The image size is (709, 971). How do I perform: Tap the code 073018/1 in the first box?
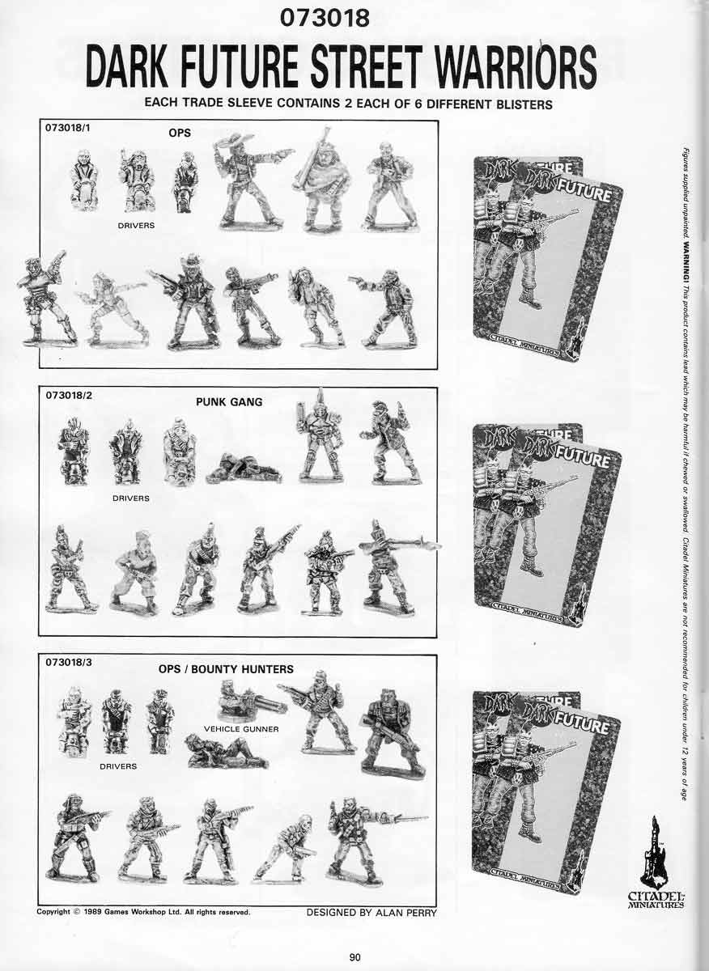66,128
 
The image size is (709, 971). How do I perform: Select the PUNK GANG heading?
229,401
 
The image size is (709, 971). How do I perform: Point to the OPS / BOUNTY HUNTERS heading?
226,669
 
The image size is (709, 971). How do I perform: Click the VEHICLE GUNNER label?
241,728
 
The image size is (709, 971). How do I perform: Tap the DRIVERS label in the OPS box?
136,226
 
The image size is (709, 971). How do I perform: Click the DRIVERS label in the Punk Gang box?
130,498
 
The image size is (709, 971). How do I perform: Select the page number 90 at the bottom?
354,957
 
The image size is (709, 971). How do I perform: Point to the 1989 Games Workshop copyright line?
143,912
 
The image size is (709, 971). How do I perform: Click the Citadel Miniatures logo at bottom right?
656,866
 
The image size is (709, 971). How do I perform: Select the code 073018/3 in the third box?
66,662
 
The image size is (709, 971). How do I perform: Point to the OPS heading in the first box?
180,134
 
